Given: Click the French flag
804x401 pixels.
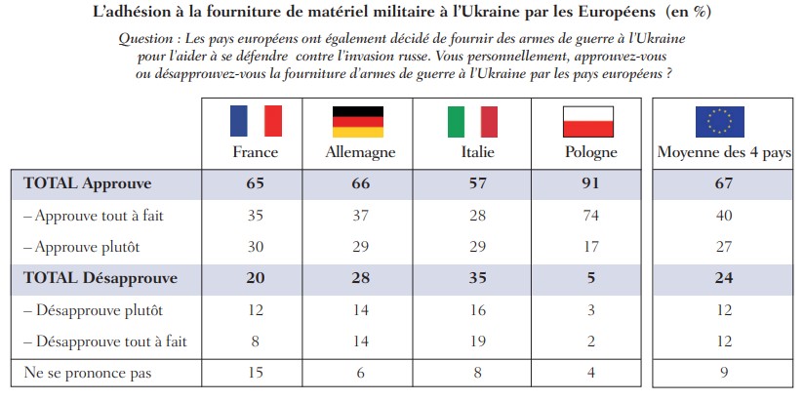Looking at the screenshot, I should coord(256,121).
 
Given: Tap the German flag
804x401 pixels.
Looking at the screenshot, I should coord(358,121).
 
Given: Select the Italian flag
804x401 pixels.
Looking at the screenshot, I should coord(472,121).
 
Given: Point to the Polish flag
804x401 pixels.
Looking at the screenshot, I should coord(588,121).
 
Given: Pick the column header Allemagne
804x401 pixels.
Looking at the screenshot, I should coord(358,152).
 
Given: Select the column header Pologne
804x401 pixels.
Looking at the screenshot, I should coord(589,152).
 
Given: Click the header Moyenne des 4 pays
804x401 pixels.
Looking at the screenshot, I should coord(724,152).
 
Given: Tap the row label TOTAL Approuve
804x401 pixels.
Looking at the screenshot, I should coord(88,182).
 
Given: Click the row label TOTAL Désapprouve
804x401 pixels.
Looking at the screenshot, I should coord(100,278).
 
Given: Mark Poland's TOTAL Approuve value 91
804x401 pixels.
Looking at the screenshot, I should coord(588,182).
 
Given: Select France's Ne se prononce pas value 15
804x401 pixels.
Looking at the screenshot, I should coord(256,373).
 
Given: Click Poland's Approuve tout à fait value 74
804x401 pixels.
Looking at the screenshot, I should coord(588,215).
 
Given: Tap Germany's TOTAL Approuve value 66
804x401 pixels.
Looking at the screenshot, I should coord(358,182).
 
